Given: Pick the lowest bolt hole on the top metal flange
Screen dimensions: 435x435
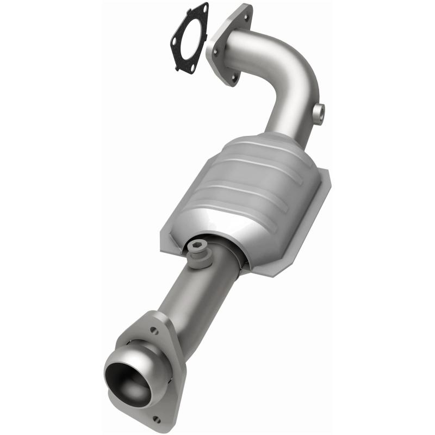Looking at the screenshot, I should (233, 79).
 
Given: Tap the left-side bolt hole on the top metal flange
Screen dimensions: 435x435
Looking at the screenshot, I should (214, 52).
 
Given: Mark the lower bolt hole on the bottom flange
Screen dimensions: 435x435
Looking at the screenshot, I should (157, 419).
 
